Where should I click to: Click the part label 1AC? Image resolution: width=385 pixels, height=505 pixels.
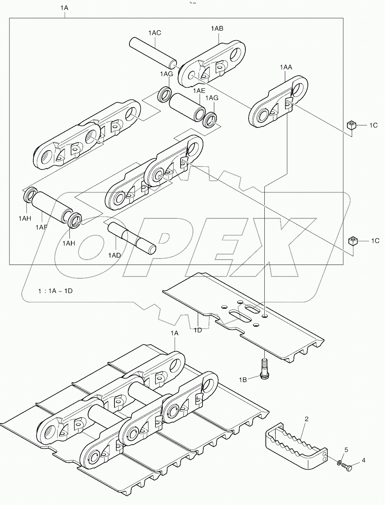(x=154, y=33)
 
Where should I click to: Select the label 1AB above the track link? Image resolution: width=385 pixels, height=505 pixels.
(x=217, y=29)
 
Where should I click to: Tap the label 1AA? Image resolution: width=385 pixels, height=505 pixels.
(x=286, y=67)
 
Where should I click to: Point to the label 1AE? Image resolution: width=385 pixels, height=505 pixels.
(x=199, y=90)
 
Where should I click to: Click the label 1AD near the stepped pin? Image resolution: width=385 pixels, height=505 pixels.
(x=114, y=255)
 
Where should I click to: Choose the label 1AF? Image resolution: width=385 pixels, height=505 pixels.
(x=41, y=227)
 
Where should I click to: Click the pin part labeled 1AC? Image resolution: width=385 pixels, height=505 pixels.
(x=154, y=53)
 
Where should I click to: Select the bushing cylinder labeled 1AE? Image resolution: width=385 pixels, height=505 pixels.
(x=188, y=106)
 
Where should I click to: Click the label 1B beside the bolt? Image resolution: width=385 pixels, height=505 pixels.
(x=243, y=380)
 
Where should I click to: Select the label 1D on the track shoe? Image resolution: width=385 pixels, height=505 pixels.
(x=197, y=330)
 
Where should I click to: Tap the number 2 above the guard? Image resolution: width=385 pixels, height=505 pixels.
(x=306, y=419)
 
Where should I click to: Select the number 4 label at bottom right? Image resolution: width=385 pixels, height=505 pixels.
(x=363, y=460)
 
